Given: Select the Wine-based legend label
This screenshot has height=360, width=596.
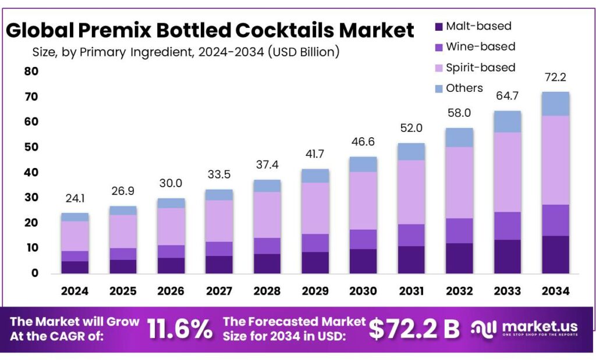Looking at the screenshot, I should (x=480, y=47).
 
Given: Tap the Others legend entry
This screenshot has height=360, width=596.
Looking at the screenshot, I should (x=464, y=88).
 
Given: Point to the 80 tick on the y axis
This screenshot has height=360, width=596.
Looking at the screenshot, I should (x=31, y=72).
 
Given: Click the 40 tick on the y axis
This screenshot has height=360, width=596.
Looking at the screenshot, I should (x=31, y=172).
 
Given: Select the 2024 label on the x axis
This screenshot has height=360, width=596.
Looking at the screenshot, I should (x=75, y=290).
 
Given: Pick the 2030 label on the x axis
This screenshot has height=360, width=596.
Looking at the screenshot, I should (x=363, y=290).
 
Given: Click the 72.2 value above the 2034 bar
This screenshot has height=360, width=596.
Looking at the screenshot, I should (x=555, y=77).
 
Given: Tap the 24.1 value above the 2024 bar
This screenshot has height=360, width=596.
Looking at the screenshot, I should (x=75, y=199).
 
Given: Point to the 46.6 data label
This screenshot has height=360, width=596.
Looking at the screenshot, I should (x=363, y=142).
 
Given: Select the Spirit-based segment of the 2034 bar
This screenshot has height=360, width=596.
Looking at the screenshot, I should (x=555, y=160).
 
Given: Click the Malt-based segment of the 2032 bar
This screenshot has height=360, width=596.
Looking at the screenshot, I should (x=459, y=258).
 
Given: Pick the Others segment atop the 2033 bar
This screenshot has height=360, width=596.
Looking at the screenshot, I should (x=508, y=122).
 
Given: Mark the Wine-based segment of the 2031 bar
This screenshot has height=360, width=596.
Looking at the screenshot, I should (x=411, y=235).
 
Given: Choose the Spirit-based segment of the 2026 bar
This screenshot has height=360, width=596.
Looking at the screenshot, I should (x=171, y=226).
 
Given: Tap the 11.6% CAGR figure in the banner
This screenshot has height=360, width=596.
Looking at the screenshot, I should (x=180, y=329).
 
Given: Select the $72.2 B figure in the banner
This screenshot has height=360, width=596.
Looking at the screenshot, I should (x=414, y=329).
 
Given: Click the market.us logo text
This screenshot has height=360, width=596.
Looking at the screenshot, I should (x=537, y=327).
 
